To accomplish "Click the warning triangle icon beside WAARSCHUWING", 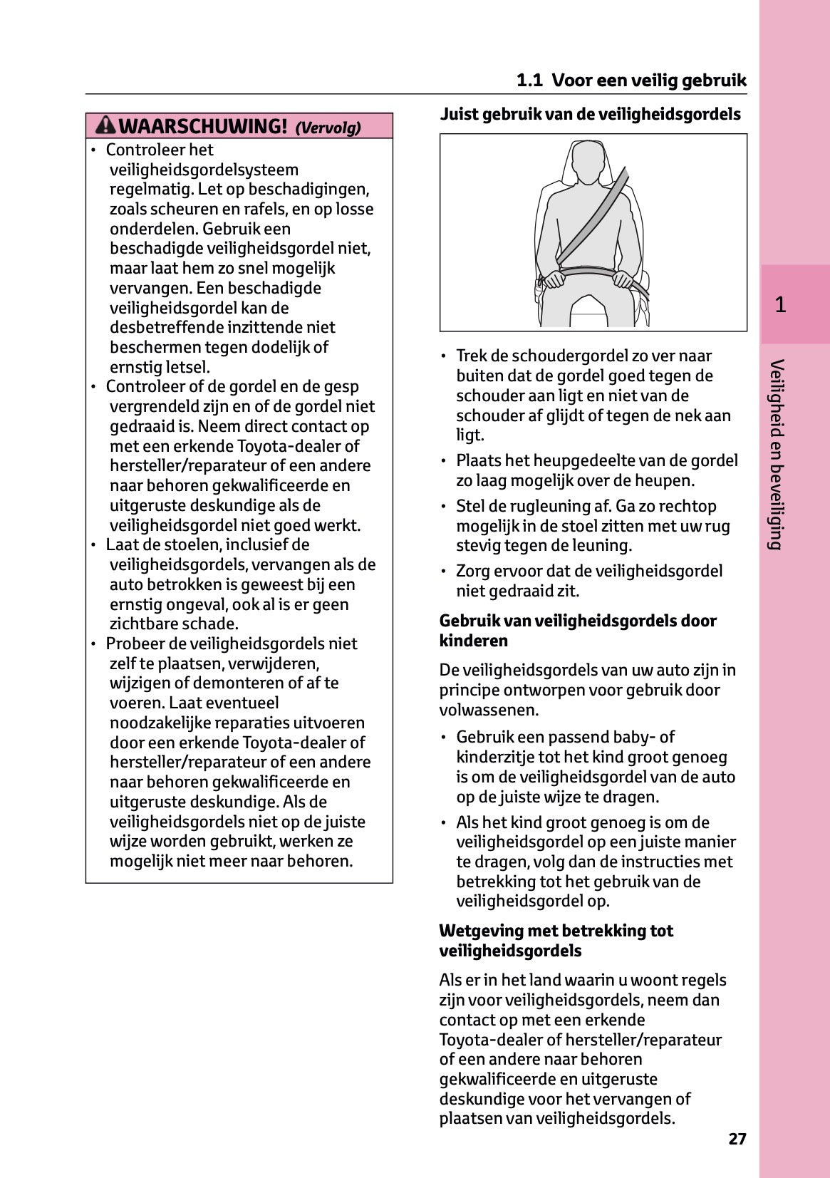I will (x=105, y=125).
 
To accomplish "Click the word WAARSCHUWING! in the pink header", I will (x=202, y=126).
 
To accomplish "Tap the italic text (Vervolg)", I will (x=328, y=128).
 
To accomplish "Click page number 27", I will (x=737, y=1139).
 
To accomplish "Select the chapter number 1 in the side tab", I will (x=780, y=305).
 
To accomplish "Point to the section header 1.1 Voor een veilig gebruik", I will (x=631, y=80).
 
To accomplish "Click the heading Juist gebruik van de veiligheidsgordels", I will (x=590, y=114).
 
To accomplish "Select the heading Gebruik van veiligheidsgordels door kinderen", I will (x=577, y=631).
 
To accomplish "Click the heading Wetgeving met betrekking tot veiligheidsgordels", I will (x=556, y=941).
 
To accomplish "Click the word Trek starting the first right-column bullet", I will (x=470, y=356).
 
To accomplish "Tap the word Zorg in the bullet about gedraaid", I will (x=473, y=571).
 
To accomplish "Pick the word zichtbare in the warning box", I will (x=142, y=624).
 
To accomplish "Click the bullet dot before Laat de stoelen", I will (x=93, y=545).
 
